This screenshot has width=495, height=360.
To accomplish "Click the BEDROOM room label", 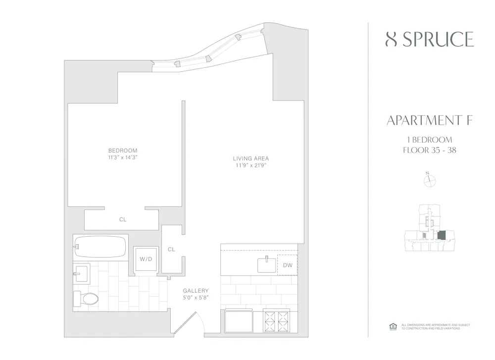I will point(123,151).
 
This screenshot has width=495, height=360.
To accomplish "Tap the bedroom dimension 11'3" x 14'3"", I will point(123,158).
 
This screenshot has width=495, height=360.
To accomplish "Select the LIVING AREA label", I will point(251,159).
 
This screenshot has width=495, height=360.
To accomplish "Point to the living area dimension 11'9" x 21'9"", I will point(251,166).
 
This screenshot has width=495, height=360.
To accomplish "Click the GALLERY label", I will point(196,291).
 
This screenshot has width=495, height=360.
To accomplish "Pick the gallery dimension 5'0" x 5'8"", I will point(196,298).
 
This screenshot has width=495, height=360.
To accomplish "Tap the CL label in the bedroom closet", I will point(122,219).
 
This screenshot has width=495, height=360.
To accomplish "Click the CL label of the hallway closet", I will point(171,250).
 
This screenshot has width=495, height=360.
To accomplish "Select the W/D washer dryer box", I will point(146,258).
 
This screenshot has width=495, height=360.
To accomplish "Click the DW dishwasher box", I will point(288,265).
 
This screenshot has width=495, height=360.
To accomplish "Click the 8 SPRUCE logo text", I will point(430,40).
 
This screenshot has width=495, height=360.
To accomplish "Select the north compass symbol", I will point(429,181).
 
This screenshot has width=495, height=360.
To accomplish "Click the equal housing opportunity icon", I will point(393,326).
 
